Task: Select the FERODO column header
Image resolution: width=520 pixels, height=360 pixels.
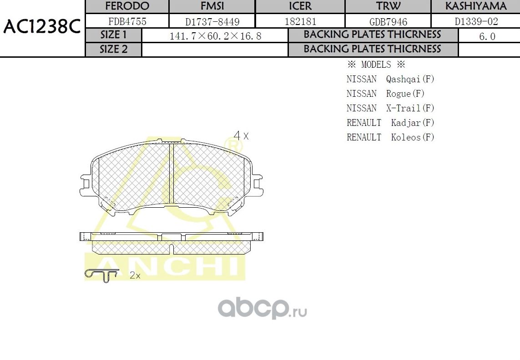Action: tap(127, 6)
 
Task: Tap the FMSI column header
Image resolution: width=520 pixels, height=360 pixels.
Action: tap(212, 6)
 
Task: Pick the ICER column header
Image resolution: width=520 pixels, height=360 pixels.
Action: tap(300, 6)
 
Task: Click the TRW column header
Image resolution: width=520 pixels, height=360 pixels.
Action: tap(388, 6)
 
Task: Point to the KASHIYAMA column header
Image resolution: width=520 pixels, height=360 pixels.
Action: tap(475, 6)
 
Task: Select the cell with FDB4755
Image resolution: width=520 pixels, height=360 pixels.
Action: tap(127, 21)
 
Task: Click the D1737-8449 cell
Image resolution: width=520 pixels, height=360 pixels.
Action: tap(212, 21)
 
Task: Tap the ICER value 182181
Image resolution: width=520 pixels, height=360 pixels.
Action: tap(300, 21)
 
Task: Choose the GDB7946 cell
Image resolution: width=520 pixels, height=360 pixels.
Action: tap(388, 21)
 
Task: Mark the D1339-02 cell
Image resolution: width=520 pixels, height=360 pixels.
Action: tap(476, 21)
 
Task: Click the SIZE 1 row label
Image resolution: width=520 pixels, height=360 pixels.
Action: tap(114, 35)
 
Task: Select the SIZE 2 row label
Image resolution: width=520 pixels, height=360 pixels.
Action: tap(114, 50)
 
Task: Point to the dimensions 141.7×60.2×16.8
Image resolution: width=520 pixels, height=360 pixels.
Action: tap(215, 36)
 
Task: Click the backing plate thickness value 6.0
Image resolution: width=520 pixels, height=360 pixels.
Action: tap(487, 36)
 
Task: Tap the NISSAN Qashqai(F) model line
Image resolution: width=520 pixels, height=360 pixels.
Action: tap(390, 79)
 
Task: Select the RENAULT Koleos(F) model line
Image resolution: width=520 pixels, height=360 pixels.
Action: tap(390, 137)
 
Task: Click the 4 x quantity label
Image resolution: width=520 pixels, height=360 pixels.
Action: tap(241, 135)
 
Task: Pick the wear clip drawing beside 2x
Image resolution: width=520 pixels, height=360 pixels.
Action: tap(102, 275)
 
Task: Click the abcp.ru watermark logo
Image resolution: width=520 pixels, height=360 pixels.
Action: tap(262, 309)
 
